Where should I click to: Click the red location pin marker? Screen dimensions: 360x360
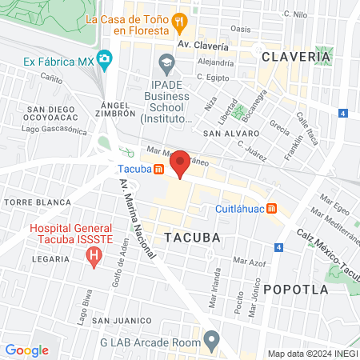180,164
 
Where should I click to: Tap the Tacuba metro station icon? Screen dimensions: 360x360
159,169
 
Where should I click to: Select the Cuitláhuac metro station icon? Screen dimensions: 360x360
271,209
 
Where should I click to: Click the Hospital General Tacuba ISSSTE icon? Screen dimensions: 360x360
94,258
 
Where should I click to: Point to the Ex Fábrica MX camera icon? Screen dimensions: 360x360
106,61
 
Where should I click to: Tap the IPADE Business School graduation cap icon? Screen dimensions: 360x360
166,62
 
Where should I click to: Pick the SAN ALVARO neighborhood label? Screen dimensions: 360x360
228,133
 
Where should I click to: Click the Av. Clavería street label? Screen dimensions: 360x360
204,45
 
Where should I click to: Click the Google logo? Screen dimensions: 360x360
26,350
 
